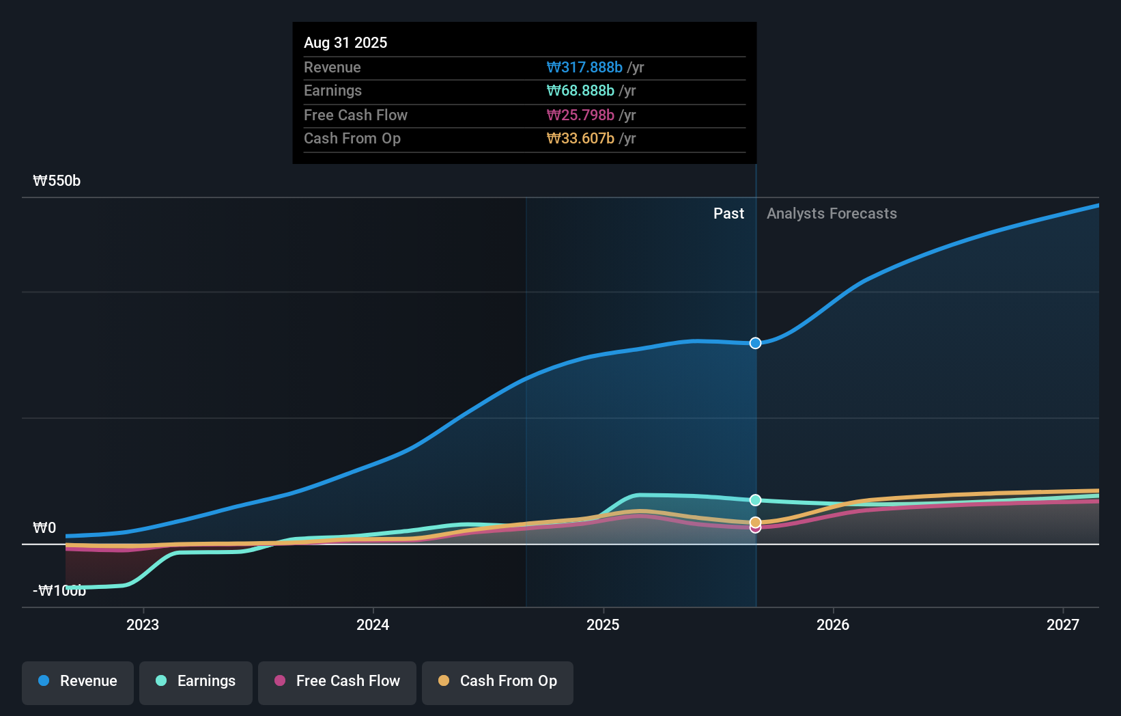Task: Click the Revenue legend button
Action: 78,681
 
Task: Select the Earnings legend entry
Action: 196,681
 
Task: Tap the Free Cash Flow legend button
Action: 337,681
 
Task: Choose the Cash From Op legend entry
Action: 498,681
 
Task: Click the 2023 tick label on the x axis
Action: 143,624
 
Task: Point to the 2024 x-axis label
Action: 373,624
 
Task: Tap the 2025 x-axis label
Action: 603,624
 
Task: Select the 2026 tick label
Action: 833,624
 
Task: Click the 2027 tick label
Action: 1063,624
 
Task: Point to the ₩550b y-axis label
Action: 57,181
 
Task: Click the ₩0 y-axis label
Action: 44,528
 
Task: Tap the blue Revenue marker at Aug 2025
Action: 755,343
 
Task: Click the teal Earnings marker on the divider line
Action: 755,500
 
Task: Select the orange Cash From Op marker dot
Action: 755,523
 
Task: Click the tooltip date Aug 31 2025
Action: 345,42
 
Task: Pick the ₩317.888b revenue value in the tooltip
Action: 584,67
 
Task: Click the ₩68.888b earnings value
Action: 580,91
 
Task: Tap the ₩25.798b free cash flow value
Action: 580,115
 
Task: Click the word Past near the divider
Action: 728,214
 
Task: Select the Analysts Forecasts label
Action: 832,214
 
